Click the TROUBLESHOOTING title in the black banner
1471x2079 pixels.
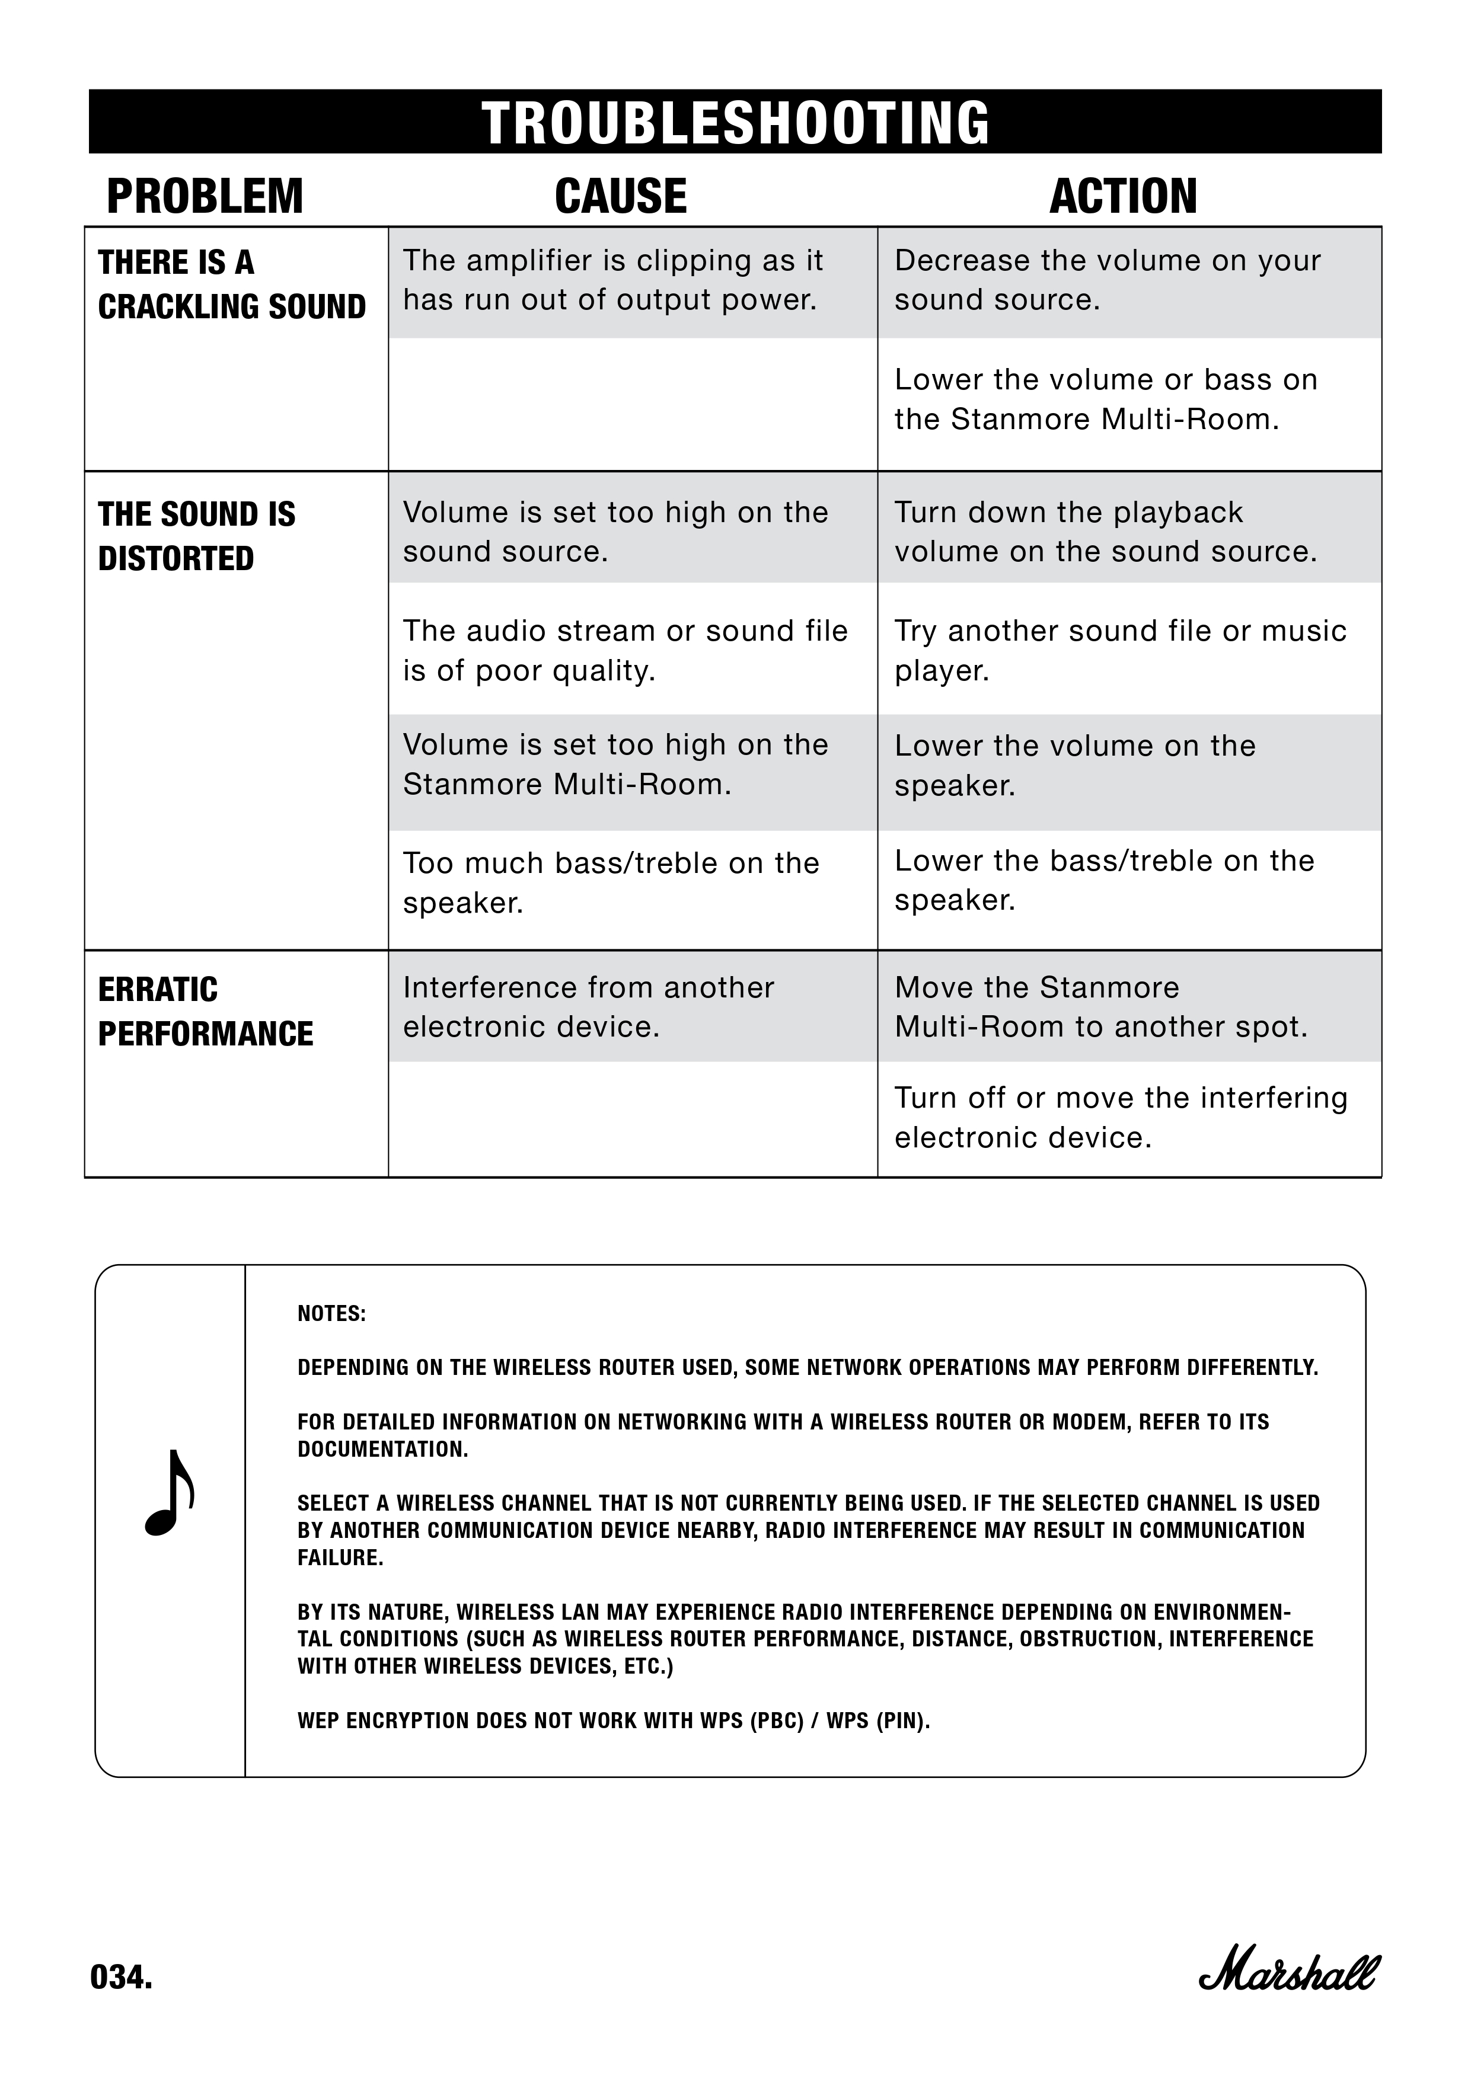click(x=735, y=123)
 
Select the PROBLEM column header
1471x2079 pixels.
click(x=205, y=197)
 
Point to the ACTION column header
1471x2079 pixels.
click(x=1122, y=197)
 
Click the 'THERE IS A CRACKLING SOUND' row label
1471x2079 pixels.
click(x=231, y=284)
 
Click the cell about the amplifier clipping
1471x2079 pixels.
click(x=612, y=280)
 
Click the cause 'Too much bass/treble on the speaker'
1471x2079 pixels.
click(x=611, y=882)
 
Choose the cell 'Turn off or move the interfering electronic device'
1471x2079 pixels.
click(x=1121, y=1117)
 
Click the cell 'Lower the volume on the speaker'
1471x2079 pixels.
click(x=1074, y=765)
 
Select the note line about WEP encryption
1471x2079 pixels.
click(x=613, y=1720)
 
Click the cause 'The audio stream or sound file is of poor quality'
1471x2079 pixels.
click(x=625, y=650)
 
